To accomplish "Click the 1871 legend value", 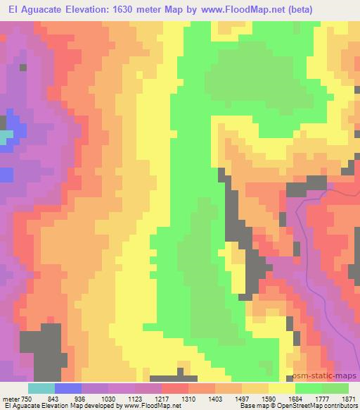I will coord(349,398).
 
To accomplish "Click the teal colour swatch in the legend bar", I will coord(41,388).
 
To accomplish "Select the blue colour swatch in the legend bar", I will coord(67,388).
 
